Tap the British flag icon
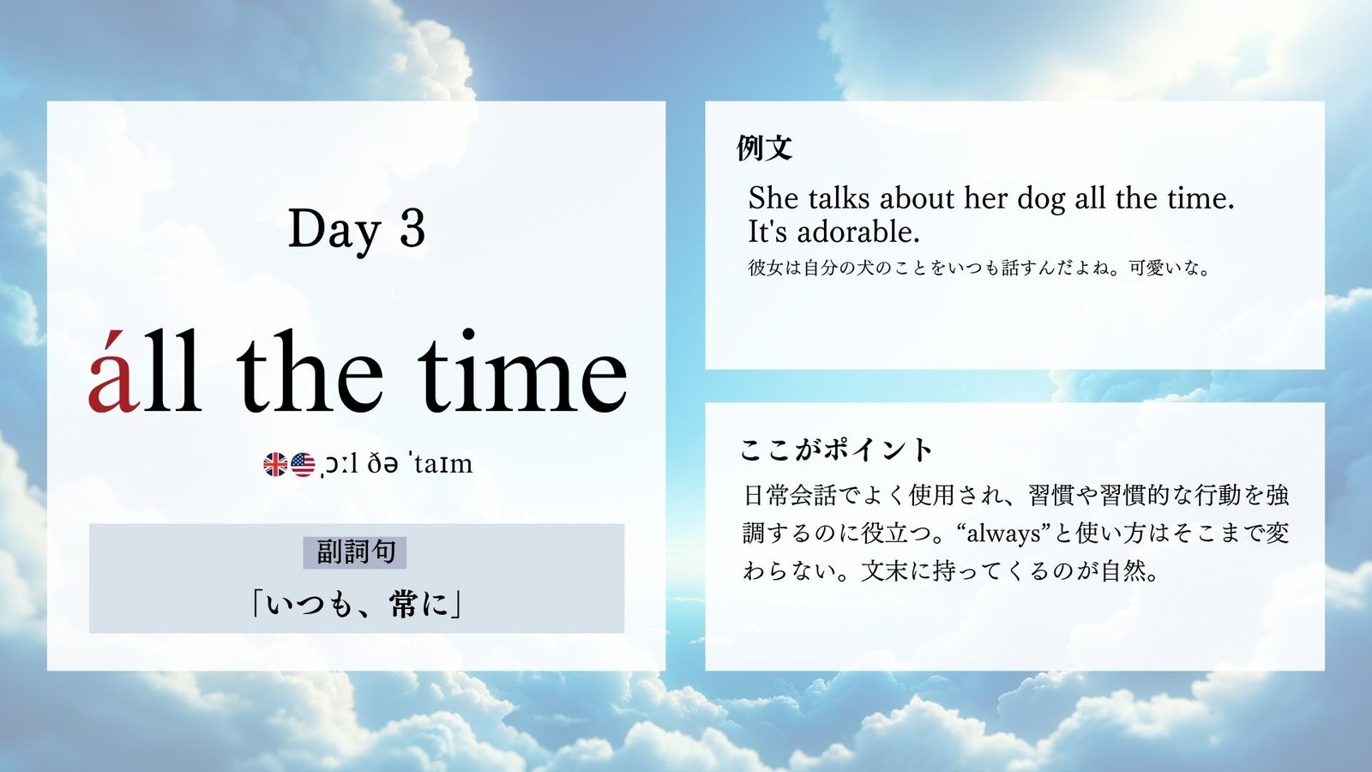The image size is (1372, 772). point(275,465)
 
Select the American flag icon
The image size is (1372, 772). point(303,465)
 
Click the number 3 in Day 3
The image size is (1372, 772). point(412,229)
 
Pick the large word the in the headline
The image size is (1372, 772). point(310,371)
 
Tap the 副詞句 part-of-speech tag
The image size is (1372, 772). point(355,552)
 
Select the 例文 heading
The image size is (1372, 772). point(764,148)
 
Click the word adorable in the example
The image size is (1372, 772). point(858,232)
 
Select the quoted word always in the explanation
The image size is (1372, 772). point(1003,534)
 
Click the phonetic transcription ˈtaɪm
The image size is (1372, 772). point(442,464)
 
